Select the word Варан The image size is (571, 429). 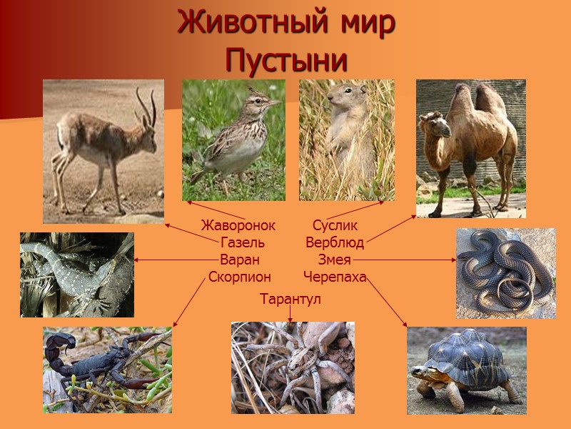point(240,260)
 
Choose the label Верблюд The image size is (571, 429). point(335,243)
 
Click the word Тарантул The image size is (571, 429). point(290,299)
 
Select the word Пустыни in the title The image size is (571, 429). point(286,60)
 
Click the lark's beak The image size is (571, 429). point(275,103)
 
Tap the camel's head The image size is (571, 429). point(436,125)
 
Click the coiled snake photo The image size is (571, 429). point(505,273)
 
